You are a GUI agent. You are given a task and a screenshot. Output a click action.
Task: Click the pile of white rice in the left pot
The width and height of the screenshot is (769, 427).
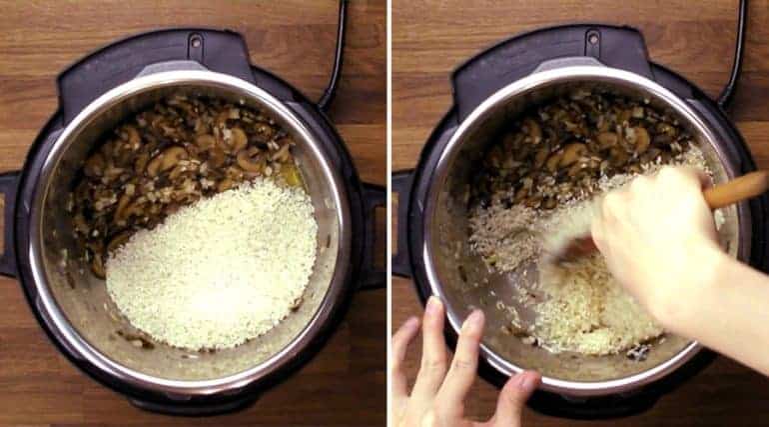215,265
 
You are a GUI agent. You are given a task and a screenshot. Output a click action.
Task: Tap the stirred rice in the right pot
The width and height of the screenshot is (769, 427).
579,300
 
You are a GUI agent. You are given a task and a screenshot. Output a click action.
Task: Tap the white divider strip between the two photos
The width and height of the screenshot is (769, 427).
388,213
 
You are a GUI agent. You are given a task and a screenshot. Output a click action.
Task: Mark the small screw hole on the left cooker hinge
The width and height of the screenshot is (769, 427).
196,44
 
